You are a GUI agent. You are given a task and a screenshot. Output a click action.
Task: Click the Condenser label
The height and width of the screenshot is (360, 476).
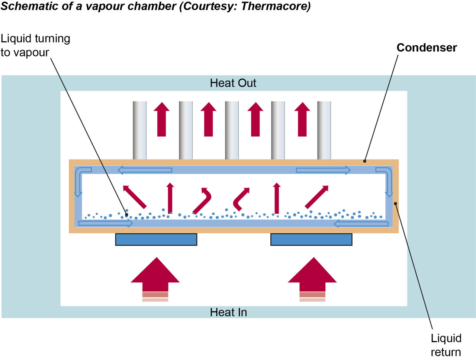(x=427, y=48)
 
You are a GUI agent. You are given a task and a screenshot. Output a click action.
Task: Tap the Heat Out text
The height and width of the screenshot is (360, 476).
(x=233, y=83)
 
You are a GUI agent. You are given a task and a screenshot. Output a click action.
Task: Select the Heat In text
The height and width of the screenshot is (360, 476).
(x=228, y=312)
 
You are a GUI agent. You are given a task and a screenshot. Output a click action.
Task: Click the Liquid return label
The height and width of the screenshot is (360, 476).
(x=446, y=345)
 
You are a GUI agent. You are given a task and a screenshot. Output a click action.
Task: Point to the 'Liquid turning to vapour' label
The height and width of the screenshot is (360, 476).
(x=35, y=45)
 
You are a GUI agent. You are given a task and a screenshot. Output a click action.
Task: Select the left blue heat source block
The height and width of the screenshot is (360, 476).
(x=156, y=240)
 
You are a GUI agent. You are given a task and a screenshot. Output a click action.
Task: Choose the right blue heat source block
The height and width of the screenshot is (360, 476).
(x=311, y=240)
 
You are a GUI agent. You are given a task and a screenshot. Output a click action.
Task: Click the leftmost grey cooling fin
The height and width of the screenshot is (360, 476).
(x=139, y=130)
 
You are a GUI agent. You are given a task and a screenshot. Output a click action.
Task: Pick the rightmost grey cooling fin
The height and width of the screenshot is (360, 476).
(x=324, y=130)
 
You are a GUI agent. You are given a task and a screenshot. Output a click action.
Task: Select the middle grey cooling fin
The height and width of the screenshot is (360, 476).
(x=232, y=130)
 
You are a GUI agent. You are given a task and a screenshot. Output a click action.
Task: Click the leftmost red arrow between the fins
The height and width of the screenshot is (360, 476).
(x=161, y=119)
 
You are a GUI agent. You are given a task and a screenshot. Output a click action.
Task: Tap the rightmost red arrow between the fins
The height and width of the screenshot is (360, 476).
(x=302, y=119)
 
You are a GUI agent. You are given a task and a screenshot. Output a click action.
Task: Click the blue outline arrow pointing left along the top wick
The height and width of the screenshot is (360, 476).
(x=145, y=170)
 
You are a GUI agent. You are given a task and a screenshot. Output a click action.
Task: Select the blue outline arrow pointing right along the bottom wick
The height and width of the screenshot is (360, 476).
(x=106, y=223)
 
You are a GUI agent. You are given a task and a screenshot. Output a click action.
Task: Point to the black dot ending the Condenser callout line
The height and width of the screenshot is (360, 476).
(x=365, y=161)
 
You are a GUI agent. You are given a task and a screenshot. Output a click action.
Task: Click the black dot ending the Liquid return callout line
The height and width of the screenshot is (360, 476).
(x=396, y=203)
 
